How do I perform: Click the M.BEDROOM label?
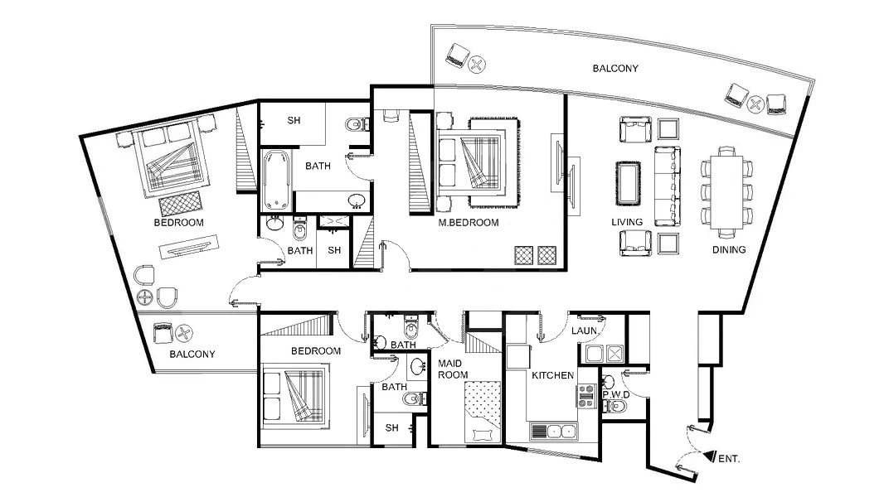[469, 223]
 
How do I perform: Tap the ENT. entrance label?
[728, 457]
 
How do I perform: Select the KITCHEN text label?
[553, 375]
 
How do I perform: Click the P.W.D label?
[615, 394]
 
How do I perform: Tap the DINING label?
[728, 249]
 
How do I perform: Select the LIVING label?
[628, 223]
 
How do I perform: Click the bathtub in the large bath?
[276, 179]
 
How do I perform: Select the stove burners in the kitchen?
[587, 395]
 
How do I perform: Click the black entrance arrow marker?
[708, 455]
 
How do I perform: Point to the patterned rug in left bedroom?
[180, 203]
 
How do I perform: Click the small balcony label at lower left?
[192, 354]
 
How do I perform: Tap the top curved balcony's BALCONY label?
[615, 69]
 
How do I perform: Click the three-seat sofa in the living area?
[667, 186]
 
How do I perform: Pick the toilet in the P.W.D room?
[617, 407]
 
